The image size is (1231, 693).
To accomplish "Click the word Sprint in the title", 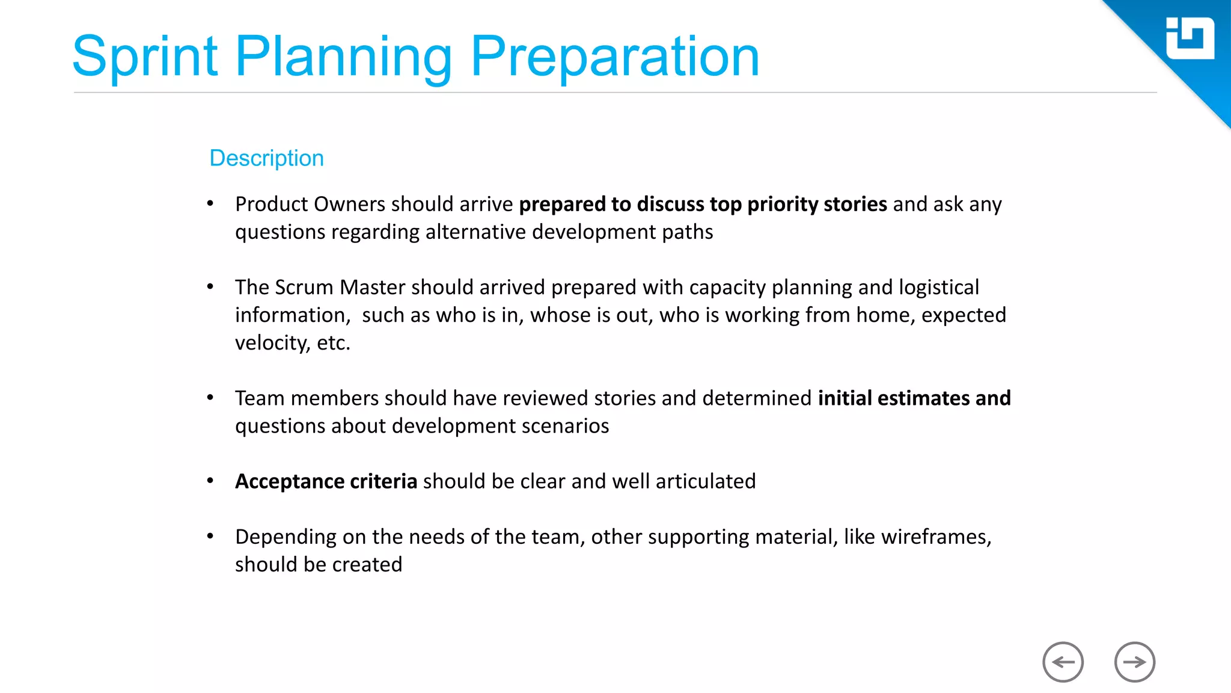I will [x=144, y=58].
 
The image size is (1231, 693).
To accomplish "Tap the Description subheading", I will [x=266, y=158].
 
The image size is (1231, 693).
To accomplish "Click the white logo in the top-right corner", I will [x=1190, y=38].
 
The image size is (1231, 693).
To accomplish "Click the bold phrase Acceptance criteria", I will [x=326, y=481].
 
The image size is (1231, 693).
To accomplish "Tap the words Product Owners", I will [x=310, y=205].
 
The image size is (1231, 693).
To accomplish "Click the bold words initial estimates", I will [x=893, y=398].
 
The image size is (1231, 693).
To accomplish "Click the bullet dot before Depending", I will [x=210, y=536].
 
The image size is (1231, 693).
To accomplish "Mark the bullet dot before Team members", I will [x=210, y=398].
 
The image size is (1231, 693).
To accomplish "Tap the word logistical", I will [x=938, y=288].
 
